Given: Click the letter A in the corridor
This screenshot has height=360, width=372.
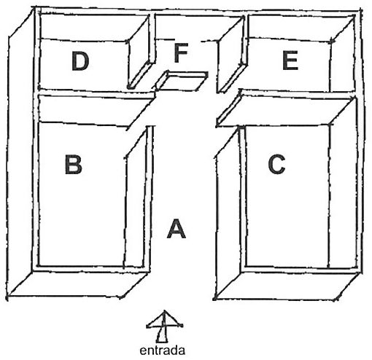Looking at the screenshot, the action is click(177, 229).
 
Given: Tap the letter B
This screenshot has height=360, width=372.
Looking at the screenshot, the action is click(73, 165).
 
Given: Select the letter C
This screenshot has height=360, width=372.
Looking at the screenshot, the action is click(276, 165).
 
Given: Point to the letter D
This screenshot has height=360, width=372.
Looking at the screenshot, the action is click(80, 61).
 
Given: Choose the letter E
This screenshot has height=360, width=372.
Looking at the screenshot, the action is click(290, 60).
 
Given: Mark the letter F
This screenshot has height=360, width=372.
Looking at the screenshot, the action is click(181, 52).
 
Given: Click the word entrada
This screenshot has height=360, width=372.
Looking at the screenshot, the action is click(162, 351).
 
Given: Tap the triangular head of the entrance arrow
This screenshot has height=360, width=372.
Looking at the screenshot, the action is click(165, 319).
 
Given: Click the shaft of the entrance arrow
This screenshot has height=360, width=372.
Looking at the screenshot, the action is click(162, 334).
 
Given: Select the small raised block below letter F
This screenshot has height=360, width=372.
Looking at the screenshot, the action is click(181, 82).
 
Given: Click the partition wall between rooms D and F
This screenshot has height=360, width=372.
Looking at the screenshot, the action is click(141, 52).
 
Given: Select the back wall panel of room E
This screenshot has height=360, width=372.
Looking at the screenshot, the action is click(301, 27).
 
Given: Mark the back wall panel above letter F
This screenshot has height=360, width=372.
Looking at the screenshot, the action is click(198, 27).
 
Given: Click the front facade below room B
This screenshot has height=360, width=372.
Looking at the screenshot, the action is click(78, 284).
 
